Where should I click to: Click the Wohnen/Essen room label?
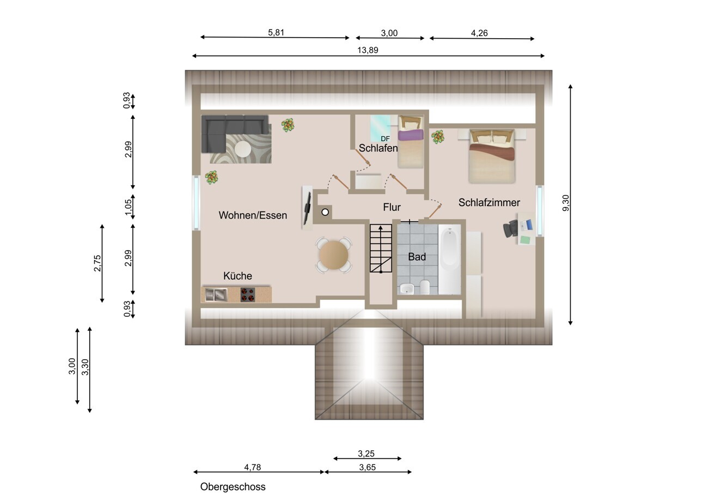(253, 215)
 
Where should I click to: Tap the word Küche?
(237, 276)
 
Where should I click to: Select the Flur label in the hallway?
(392, 207)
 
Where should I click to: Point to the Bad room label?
(417, 257)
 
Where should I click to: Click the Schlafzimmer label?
(489, 202)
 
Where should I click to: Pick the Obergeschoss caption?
(233, 486)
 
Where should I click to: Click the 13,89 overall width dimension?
(368, 50)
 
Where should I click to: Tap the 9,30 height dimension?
(566, 203)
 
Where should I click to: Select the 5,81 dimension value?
(276, 32)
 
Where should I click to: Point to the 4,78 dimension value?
(253, 467)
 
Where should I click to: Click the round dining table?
(333, 255)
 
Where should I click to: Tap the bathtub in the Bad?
(449, 259)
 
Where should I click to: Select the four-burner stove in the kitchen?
(247, 294)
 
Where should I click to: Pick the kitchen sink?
(216, 295)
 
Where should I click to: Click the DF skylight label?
(385, 139)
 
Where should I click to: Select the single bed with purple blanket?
(410, 142)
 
